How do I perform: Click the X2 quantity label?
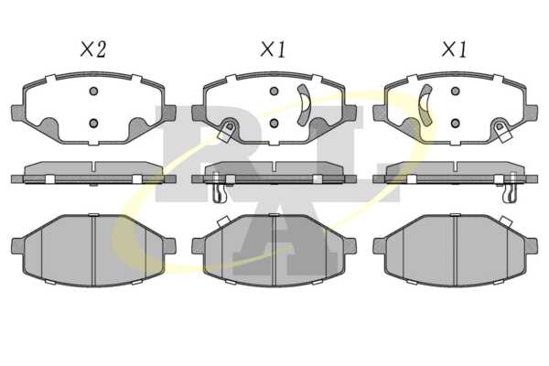pyautogui.click(x=92, y=49)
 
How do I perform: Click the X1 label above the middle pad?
pyautogui.click(x=273, y=49)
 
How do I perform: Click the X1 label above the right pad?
pyautogui.click(x=454, y=49)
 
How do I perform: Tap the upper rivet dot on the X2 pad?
pyautogui.click(x=93, y=91)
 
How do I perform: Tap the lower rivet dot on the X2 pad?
pyautogui.click(x=93, y=124)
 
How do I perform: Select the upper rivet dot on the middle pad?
pyautogui.click(x=274, y=91)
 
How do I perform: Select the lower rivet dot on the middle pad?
pyautogui.click(x=274, y=124)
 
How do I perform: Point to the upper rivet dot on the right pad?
pyautogui.click(x=455, y=91)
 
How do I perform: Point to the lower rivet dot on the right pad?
pyautogui.click(x=455, y=124)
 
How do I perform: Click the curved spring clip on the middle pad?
pyautogui.click(x=306, y=104)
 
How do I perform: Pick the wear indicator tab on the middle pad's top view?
pyautogui.click(x=227, y=132)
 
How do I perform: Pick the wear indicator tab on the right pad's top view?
pyautogui.click(x=502, y=132)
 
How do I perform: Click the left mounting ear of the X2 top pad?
pyautogui.click(x=17, y=112)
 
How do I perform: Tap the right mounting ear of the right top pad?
pyautogui.click(x=531, y=112)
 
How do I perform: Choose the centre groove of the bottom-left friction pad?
pyautogui.click(x=93, y=251)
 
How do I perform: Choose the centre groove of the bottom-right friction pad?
pyautogui.click(x=455, y=251)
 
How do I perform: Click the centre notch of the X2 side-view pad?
pyautogui.click(x=93, y=167)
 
